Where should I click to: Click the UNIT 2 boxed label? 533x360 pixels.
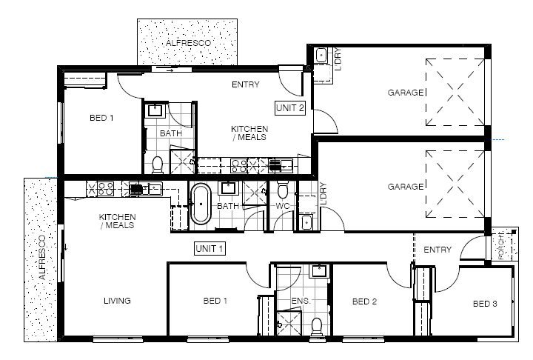[x=290, y=108]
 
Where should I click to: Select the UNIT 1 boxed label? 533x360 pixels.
[x=209, y=248]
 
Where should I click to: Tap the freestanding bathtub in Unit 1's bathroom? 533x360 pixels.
[x=201, y=204]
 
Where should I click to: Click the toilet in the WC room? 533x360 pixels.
[x=283, y=190]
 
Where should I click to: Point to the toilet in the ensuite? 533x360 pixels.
[x=317, y=327]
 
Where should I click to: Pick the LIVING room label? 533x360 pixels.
[x=117, y=301]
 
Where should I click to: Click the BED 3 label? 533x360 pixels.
[x=485, y=304]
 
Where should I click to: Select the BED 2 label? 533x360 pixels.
[x=364, y=301]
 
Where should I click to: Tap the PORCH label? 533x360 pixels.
[x=501, y=246]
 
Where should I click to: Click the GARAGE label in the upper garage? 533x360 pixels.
[x=406, y=93]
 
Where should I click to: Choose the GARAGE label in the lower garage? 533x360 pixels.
[x=406, y=187]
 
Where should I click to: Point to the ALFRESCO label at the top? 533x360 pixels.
[x=188, y=43]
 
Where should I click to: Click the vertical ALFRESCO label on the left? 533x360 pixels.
[x=42, y=257]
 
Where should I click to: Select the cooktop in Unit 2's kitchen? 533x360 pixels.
[x=238, y=166]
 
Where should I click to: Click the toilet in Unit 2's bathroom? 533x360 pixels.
[x=158, y=164]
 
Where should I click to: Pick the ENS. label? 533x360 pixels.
[x=301, y=301]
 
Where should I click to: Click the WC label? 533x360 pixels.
[x=283, y=206]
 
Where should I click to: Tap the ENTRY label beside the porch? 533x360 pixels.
[x=438, y=250]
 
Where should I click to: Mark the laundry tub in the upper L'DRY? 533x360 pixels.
[x=321, y=56]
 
